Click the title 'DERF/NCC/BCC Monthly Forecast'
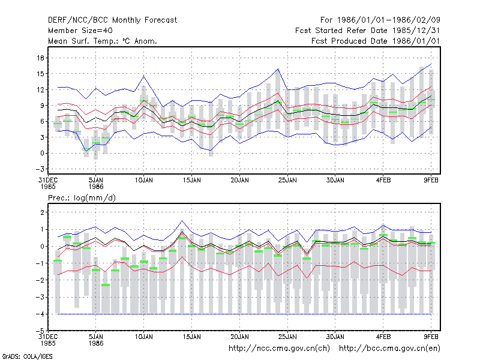point(112,20)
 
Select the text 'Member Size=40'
point(80,31)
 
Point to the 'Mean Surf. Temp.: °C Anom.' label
point(102,41)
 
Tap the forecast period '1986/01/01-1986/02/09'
point(388,20)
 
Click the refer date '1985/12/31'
point(416,31)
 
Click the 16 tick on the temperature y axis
point(41,58)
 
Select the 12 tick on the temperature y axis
point(41,89)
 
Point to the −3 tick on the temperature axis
point(40,169)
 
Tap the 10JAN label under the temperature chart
point(143,181)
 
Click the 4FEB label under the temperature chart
point(383,181)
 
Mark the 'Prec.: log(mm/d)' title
point(82,198)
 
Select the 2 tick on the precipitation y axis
point(42,212)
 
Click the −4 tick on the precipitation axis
point(40,314)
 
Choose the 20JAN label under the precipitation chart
point(239,337)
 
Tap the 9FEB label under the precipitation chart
point(431,337)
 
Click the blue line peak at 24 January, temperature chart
point(278,69)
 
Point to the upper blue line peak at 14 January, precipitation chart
point(182,221)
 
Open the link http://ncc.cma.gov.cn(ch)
point(279,349)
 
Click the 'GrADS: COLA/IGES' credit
point(28,356)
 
